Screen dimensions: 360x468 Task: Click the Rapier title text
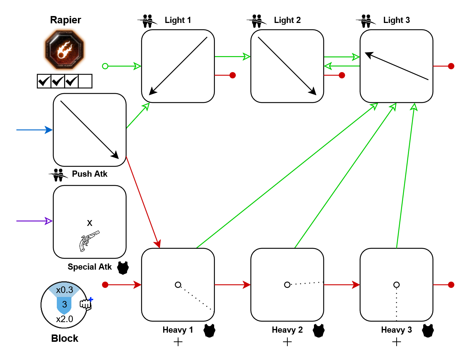pos(66,20)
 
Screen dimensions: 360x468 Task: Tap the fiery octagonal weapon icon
pos(64,50)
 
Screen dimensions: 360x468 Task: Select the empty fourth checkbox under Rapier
pos(85,81)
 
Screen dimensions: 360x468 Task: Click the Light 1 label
pos(178,20)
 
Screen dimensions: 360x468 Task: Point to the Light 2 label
pos(287,20)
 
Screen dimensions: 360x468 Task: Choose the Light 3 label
pos(396,20)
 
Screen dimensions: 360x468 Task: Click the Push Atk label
pos(90,174)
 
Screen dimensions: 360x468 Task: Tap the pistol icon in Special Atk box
pos(89,240)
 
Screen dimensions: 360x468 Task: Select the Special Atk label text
pos(90,267)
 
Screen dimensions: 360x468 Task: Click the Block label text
pos(65,339)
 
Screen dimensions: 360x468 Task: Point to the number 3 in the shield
pos(64,304)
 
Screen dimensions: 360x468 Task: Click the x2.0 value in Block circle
pos(64,319)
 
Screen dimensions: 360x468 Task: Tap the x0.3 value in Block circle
pos(64,290)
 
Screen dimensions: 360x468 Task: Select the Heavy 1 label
pos(178,330)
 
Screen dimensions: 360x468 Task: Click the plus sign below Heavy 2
pos(287,342)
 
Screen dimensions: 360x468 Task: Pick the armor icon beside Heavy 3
pos(428,330)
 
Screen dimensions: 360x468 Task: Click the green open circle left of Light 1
pos(105,66)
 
